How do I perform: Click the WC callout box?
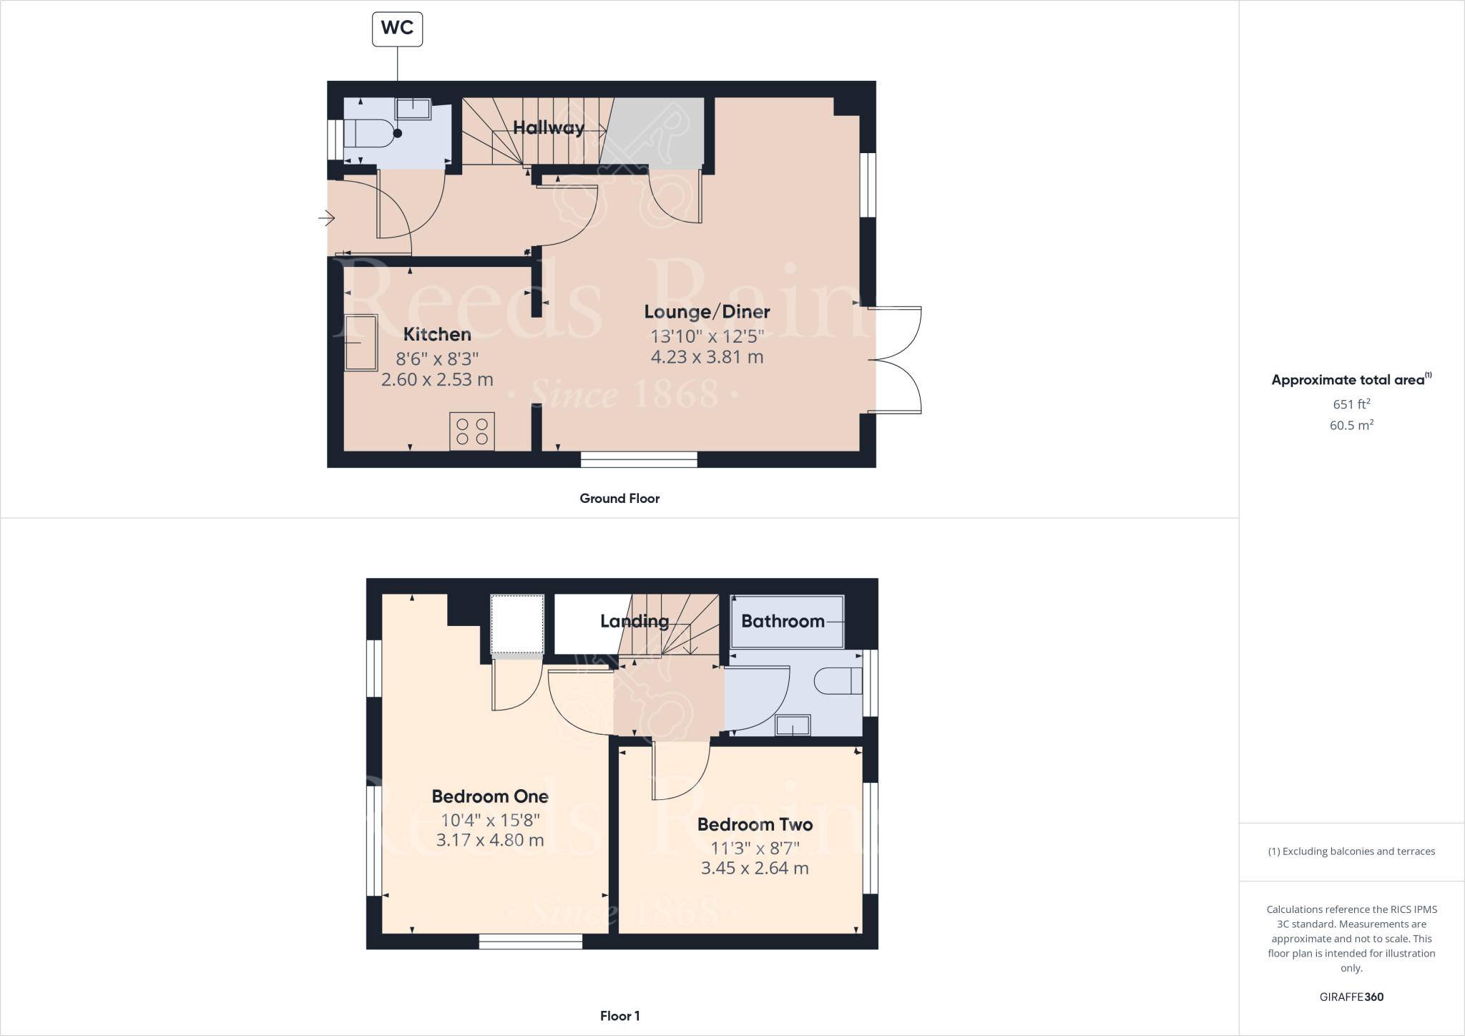pos(397,29)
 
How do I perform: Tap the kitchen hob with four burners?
pos(472,431)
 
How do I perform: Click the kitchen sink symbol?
pos(361,343)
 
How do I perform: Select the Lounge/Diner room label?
pos(707,312)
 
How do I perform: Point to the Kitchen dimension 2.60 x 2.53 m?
pos(437,380)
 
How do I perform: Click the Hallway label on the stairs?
pos(549,128)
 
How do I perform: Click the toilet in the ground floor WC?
pos(368,133)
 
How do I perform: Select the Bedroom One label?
pos(490,796)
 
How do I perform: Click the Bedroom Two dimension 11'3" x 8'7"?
pos(755,848)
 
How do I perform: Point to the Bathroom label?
pos(783,621)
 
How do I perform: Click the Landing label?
pos(634,621)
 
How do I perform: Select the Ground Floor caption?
pos(619,499)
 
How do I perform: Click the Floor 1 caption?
pos(619,1016)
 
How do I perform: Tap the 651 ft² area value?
pos(1351,404)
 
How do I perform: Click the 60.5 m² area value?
pos(1351,425)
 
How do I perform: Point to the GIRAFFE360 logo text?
pos(1351,997)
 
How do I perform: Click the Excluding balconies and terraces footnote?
pos(1351,851)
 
